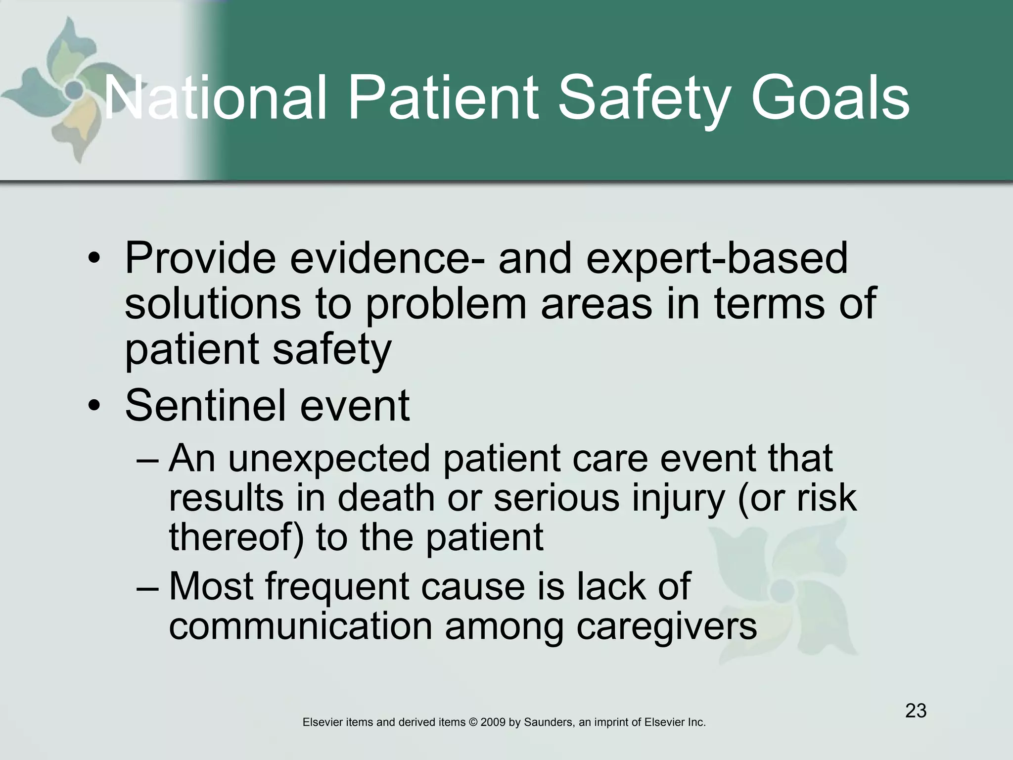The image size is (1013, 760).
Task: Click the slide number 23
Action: point(916,711)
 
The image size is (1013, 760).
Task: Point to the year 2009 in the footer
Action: point(493,722)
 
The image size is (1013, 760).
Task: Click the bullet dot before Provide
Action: point(93,259)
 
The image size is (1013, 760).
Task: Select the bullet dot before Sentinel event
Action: point(93,407)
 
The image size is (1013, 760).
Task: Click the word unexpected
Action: point(329,459)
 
